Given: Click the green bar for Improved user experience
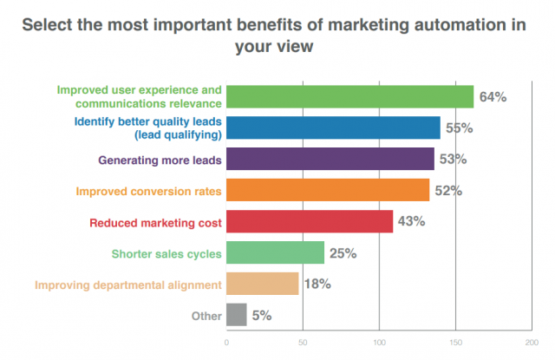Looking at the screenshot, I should [349, 96].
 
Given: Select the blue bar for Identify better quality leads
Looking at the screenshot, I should [333, 128].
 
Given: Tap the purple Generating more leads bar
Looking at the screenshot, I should [330, 159].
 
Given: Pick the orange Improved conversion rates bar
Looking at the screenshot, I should [328, 190].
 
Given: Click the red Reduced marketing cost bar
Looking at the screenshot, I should [310, 221].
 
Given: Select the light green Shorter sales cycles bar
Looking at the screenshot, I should [275, 252].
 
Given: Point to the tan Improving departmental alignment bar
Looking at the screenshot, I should [263, 284].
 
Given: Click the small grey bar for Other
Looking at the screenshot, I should [236, 315].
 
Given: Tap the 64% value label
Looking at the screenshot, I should [493, 97].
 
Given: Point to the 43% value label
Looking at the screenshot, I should [411, 221].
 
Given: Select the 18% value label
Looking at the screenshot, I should [318, 284].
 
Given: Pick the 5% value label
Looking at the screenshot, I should [262, 316].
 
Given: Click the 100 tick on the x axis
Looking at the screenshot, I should [378, 343].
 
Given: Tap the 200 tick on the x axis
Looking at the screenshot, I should [531, 343].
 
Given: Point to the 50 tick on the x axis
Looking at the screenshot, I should [303, 343].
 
